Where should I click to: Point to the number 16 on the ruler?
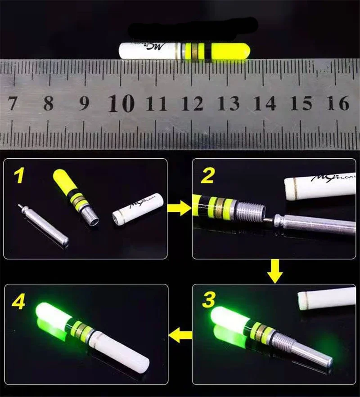pos(338,103)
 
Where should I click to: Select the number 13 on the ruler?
pos(229,103)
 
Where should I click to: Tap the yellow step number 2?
pos(207,176)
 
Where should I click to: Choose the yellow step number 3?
pos(208,300)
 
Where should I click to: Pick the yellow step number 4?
pos(19,302)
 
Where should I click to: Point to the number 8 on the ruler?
pos(49,103)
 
